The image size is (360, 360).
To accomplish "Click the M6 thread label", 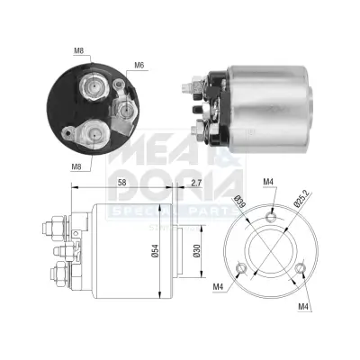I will [139, 65].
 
